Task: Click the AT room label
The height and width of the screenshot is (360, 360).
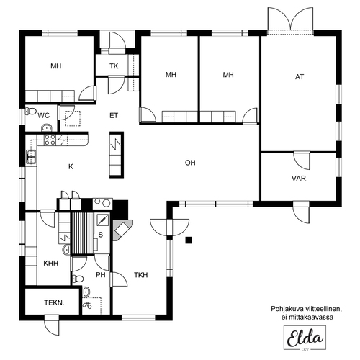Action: [x=300, y=77]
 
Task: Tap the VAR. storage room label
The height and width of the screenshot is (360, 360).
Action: [x=300, y=179]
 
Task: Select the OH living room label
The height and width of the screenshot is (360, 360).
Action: [x=190, y=163]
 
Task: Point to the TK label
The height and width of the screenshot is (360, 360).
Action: [x=114, y=66]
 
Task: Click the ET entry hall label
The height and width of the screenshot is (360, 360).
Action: [x=114, y=116]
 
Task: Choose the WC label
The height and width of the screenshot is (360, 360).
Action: [x=44, y=116]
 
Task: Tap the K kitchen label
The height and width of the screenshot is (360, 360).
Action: [x=71, y=166]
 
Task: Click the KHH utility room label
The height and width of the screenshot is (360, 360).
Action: [x=51, y=264]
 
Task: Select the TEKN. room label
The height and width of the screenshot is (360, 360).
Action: [x=54, y=303]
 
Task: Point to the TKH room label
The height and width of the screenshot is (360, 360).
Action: [x=141, y=275]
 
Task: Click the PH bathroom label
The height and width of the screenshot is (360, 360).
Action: [x=101, y=275]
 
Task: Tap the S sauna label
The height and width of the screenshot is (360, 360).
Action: [x=101, y=235]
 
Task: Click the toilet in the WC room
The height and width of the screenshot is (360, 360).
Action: [x=31, y=111]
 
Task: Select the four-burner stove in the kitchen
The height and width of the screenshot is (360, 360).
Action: [x=50, y=140]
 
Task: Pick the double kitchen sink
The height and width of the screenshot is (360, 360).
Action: [x=31, y=157]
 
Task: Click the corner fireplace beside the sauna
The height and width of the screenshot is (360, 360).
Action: [x=122, y=230]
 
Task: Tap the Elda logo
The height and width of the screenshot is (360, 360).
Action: [x=305, y=338]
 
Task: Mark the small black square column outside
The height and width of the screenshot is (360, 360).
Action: [x=189, y=240]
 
